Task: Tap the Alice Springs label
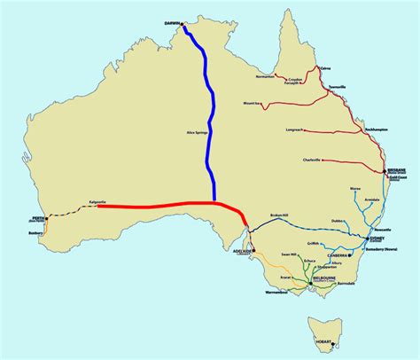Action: [x=197, y=131]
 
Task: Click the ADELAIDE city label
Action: [x=241, y=251]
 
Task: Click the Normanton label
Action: [x=265, y=77]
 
